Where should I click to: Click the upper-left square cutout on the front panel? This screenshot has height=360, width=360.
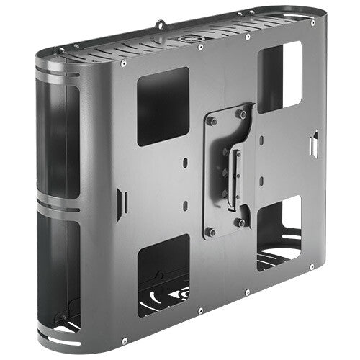(163, 107)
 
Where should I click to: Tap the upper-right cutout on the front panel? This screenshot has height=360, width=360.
(279, 76)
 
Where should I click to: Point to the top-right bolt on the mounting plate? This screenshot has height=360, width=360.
(242, 114)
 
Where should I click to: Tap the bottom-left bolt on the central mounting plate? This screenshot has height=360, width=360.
(211, 232)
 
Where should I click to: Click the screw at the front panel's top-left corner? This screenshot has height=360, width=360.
(124, 63)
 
